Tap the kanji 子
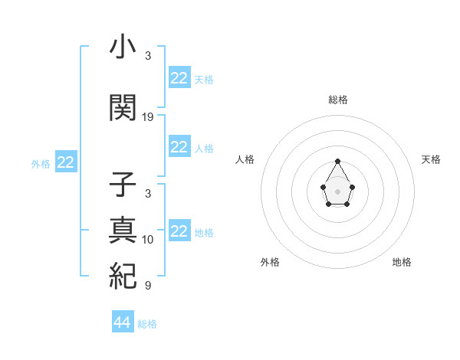(123, 187)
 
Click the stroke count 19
(148, 117)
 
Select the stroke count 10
(148, 240)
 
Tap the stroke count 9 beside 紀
(148, 286)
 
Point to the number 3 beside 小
(148, 56)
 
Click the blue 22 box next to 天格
(179, 78)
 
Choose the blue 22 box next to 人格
(179, 147)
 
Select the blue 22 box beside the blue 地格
(179, 231)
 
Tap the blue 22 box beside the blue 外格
(66, 162)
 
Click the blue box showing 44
(123, 322)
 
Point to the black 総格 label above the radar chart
(338, 100)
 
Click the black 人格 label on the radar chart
(245, 159)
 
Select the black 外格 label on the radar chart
(270, 262)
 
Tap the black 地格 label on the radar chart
(402, 262)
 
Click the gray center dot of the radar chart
(338, 191)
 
